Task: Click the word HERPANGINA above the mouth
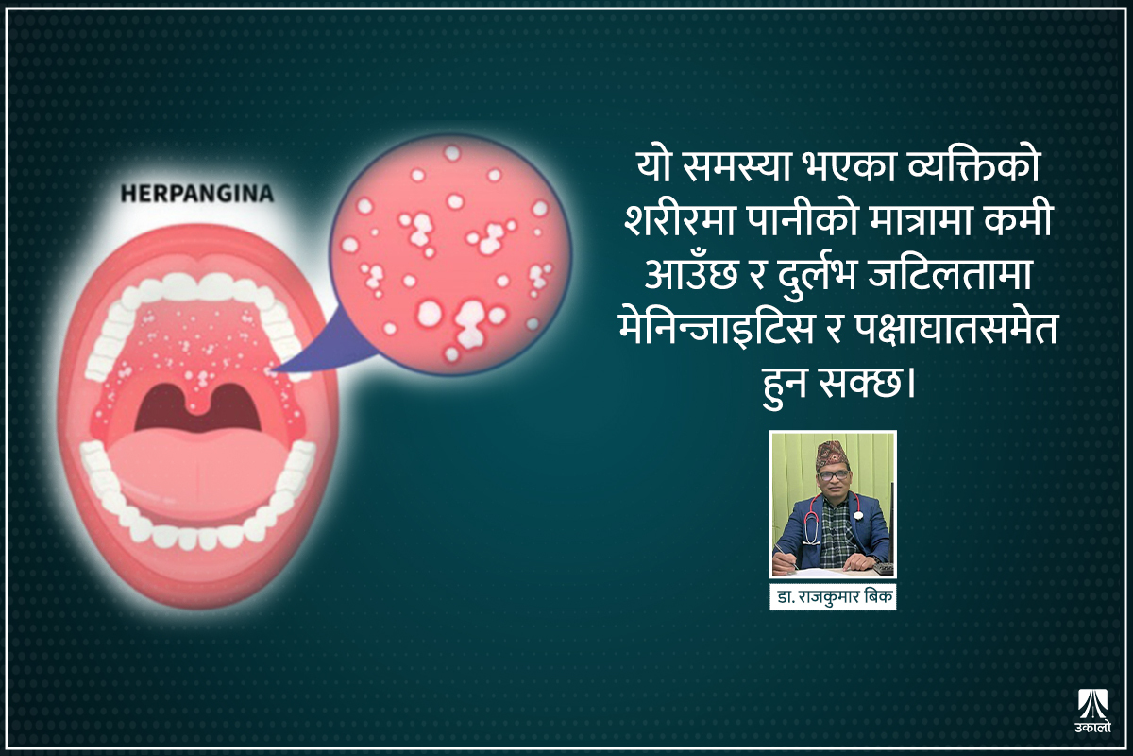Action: pos(196,195)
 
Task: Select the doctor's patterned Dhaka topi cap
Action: pos(833,451)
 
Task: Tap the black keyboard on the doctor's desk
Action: pos(882,568)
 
